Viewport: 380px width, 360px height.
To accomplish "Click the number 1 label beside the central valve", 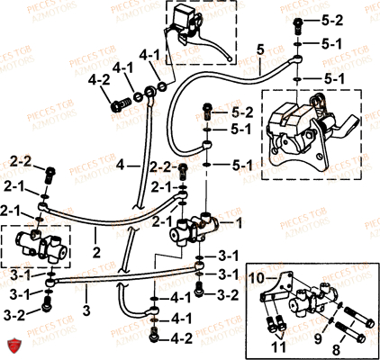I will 239,220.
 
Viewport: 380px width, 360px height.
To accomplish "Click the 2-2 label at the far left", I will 21,160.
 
